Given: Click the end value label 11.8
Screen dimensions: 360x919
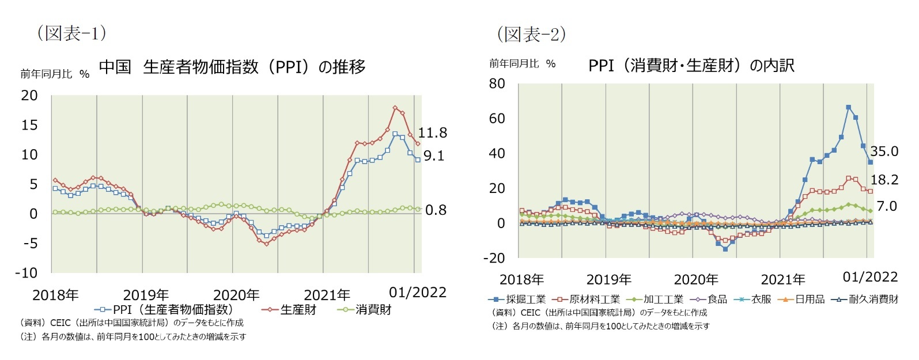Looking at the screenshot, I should click(x=432, y=133).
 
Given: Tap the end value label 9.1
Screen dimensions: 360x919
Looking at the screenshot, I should click(x=433, y=156).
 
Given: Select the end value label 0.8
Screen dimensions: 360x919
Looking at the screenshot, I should click(x=436, y=210).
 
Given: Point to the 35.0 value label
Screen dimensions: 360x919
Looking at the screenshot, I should click(x=884, y=151).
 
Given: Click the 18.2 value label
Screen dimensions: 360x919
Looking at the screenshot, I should click(x=884, y=180).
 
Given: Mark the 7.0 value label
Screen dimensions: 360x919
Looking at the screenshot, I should click(x=886, y=206).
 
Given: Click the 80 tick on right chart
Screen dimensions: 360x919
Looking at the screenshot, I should click(x=497, y=84).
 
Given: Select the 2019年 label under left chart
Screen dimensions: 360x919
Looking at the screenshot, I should click(x=146, y=295).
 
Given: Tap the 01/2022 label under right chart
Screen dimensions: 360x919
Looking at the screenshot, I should click(x=870, y=277).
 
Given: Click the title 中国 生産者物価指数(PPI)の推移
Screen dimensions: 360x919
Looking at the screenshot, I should click(x=232, y=67).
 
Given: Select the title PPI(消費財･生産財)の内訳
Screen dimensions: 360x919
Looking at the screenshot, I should click(x=691, y=66).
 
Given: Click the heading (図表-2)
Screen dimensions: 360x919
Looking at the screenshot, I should click(x=531, y=35).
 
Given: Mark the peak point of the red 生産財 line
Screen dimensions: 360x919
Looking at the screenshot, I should click(x=395, y=108).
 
